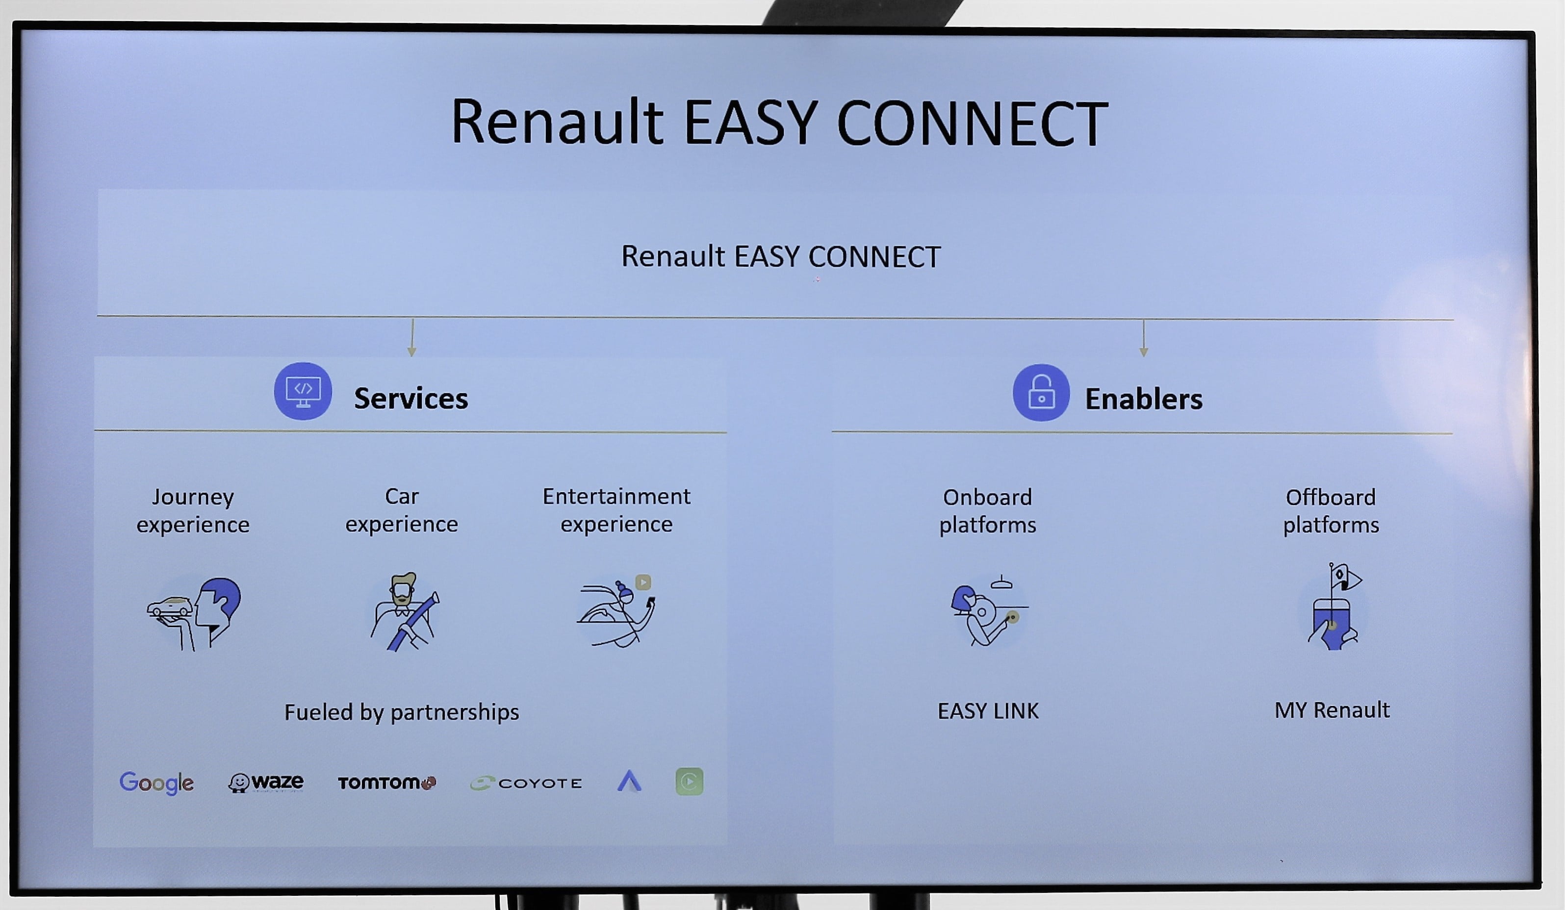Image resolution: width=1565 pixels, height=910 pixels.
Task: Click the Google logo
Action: click(x=156, y=783)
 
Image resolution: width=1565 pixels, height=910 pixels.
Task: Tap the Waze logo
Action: click(x=266, y=783)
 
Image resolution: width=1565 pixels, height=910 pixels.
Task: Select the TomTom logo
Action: click(x=386, y=783)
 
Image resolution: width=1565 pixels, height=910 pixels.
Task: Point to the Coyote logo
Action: click(x=527, y=784)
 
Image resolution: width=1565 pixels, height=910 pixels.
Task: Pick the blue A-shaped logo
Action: click(x=629, y=782)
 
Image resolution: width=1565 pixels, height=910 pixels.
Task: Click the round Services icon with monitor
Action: click(x=303, y=392)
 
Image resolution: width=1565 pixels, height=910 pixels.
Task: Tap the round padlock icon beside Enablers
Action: click(x=1041, y=393)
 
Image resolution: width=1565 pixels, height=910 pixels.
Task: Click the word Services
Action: click(x=411, y=399)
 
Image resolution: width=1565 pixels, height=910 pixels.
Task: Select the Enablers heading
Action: click(x=1143, y=399)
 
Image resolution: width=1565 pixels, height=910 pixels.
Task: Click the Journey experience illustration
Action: click(x=194, y=613)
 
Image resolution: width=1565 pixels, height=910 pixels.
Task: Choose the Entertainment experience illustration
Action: click(x=616, y=611)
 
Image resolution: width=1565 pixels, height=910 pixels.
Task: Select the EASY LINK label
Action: click(x=987, y=711)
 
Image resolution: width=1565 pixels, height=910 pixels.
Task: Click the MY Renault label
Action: click(x=1332, y=709)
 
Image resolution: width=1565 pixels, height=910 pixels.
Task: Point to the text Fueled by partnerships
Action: click(x=402, y=712)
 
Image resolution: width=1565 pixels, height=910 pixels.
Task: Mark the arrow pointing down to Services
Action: click(x=412, y=338)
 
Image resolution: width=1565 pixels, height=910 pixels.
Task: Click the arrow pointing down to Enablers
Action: click(x=1143, y=339)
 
